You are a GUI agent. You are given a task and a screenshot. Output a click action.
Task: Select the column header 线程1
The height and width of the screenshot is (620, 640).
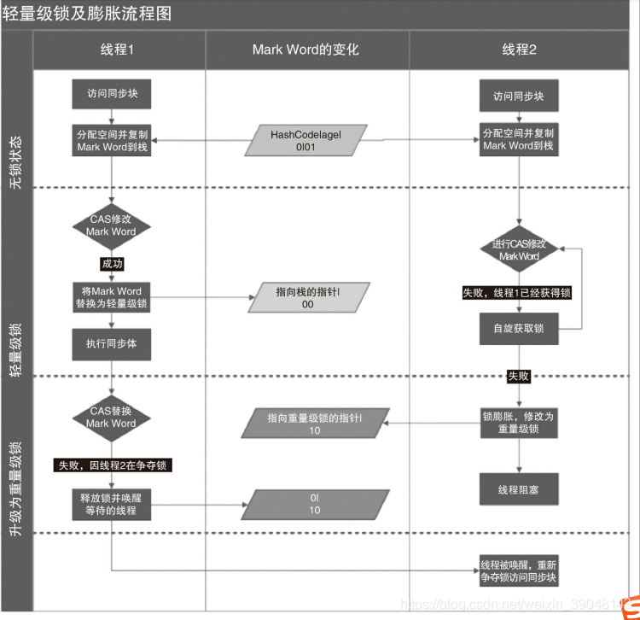118,50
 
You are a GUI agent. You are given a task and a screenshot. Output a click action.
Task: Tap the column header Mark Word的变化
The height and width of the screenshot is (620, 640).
305,50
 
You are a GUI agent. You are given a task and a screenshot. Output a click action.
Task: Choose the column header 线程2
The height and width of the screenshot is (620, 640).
519,50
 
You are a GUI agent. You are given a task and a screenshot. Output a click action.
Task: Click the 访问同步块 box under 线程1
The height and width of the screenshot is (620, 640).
111,94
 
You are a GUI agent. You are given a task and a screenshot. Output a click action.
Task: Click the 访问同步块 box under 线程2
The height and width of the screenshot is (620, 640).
518,96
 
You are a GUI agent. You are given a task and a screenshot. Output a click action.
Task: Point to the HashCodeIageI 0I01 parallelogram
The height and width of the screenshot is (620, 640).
306,140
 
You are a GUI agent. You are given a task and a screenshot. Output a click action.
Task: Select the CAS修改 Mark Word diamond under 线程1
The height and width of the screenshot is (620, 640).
111,225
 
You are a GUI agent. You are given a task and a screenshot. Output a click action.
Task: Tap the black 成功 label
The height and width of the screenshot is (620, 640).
112,264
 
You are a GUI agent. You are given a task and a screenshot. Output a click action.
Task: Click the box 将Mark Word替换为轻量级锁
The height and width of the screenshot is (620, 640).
111,297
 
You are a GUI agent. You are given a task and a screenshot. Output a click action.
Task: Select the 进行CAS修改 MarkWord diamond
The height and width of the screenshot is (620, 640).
519,250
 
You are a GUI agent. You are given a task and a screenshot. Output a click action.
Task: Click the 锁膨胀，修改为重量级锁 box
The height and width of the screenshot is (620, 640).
518,422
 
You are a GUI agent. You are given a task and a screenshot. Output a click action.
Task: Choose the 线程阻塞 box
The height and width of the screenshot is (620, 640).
518,490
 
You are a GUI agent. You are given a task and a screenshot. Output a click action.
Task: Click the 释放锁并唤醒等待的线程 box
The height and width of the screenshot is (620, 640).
111,504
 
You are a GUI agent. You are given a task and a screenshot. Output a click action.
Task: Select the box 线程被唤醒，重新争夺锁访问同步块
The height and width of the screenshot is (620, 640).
518,571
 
